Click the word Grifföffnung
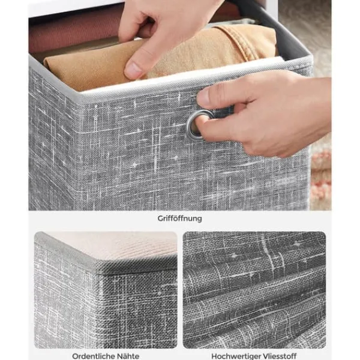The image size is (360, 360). (179, 218)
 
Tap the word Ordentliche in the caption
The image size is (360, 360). (93, 356)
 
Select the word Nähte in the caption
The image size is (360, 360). (128, 356)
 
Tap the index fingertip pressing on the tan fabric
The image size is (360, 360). (133, 70)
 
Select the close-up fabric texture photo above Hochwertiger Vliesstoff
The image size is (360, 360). (254, 290)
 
